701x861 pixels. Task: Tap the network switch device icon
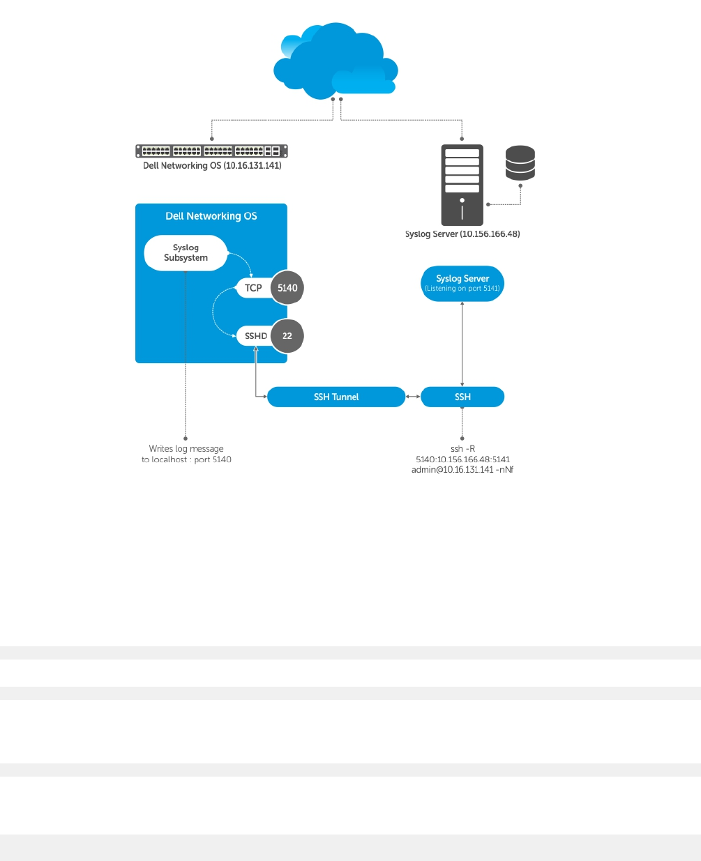[x=211, y=151]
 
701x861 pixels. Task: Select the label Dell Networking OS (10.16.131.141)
[x=212, y=166]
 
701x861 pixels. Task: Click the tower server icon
[x=462, y=185]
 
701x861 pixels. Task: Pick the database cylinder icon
[x=520, y=162]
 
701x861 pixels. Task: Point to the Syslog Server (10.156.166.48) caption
[x=462, y=234]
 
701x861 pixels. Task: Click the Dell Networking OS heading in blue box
[x=211, y=216]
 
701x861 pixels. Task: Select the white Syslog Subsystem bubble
[x=186, y=252]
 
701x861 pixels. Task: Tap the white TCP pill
[x=253, y=288]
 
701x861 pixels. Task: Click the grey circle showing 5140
[x=287, y=288]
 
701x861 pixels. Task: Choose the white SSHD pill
[x=255, y=336]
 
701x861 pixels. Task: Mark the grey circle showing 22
[x=287, y=336]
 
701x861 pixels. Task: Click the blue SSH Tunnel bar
[x=336, y=397]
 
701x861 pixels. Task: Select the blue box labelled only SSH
[x=462, y=397]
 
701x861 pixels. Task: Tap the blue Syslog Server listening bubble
[x=462, y=283]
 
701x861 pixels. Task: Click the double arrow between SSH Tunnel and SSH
[x=413, y=397]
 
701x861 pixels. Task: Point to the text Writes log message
[x=186, y=449]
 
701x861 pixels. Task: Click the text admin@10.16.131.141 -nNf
[x=462, y=470]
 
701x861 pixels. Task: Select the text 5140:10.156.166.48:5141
[x=462, y=459]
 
